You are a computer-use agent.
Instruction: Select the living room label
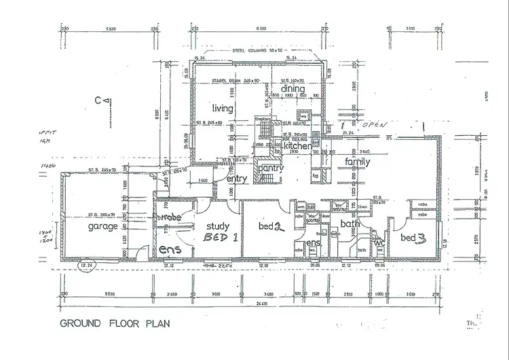(x=222, y=108)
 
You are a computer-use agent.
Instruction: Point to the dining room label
(x=293, y=88)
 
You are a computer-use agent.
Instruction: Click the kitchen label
(x=297, y=146)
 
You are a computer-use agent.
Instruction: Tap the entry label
(x=236, y=179)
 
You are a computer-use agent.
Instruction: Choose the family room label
(x=357, y=162)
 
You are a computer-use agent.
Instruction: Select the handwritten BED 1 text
(x=220, y=238)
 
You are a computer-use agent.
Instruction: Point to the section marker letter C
(x=98, y=101)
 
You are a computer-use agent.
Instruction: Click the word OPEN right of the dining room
(x=371, y=126)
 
